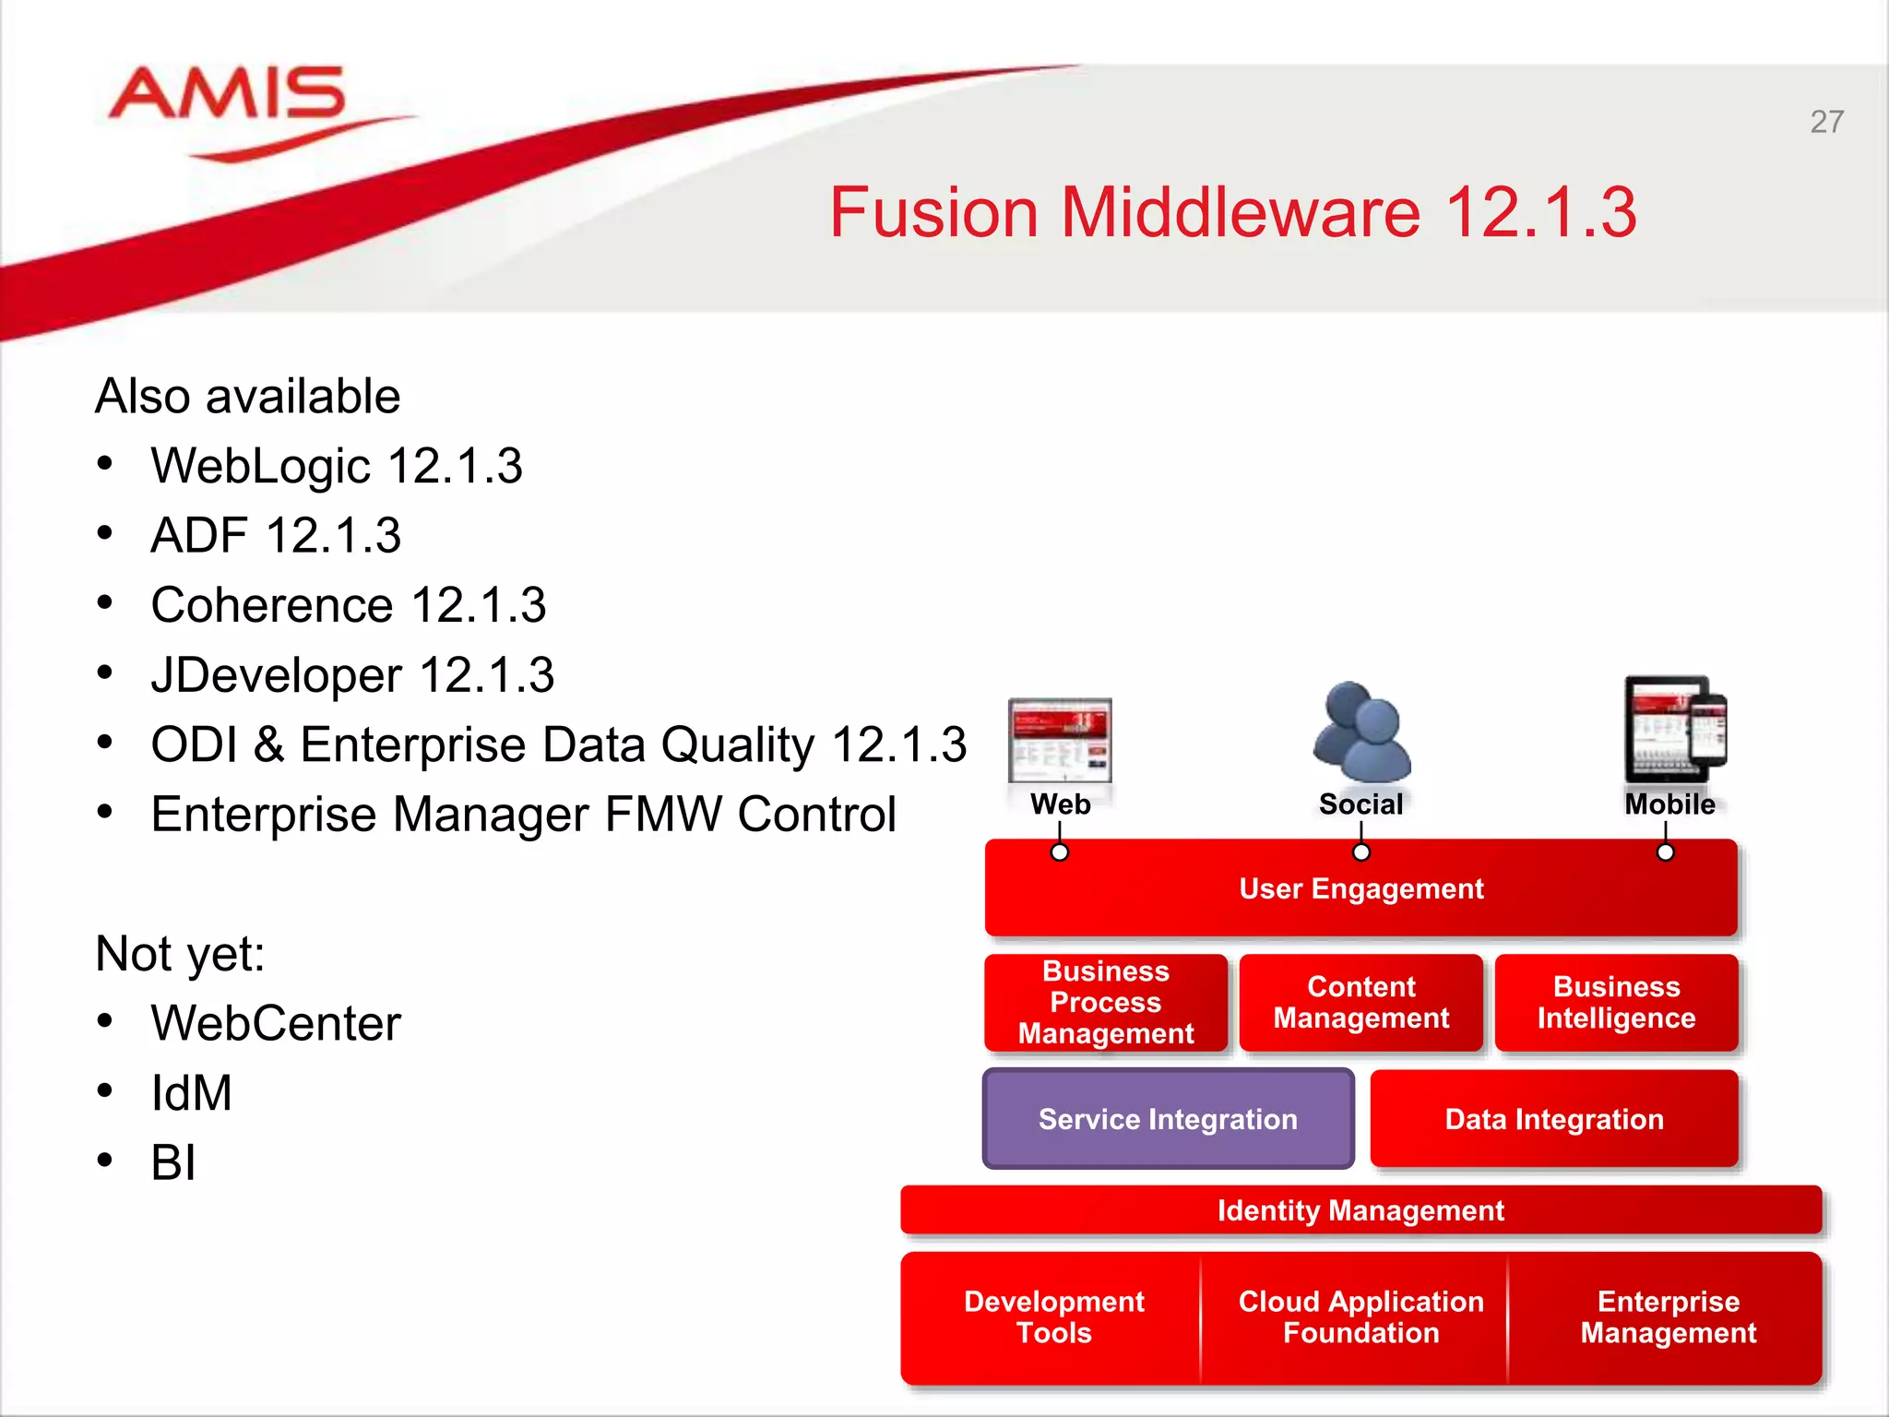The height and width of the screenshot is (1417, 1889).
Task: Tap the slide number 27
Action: click(x=1826, y=122)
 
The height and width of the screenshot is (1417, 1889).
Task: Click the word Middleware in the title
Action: click(x=1240, y=212)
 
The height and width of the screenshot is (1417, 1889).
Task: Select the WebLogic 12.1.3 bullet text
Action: click(x=337, y=466)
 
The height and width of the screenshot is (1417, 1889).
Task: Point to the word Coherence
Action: click(x=272, y=606)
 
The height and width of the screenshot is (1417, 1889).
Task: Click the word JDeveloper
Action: click(x=276, y=675)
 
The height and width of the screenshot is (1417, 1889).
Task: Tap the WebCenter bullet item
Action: click(x=276, y=1023)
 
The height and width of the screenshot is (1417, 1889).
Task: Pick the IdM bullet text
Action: click(x=191, y=1093)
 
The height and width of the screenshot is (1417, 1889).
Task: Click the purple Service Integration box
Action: click(x=1168, y=1119)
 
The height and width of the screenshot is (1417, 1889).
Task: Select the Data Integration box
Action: click(x=1554, y=1119)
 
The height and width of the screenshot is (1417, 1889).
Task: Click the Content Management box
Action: click(x=1360, y=1003)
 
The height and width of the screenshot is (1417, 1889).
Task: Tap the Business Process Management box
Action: click(x=1105, y=1003)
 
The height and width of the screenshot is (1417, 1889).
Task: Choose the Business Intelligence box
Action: click(x=1616, y=1003)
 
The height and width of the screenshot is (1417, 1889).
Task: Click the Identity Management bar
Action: click(x=1360, y=1210)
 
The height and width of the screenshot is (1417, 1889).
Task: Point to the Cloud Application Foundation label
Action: click(x=1360, y=1317)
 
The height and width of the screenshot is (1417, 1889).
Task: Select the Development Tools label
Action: click(x=1053, y=1317)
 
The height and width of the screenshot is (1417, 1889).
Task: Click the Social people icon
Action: click(x=1360, y=732)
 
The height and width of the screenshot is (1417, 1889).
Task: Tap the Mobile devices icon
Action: click(x=1674, y=729)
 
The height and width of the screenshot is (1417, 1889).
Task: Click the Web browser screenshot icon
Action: click(x=1060, y=740)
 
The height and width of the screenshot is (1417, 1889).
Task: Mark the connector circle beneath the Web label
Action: click(x=1060, y=852)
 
